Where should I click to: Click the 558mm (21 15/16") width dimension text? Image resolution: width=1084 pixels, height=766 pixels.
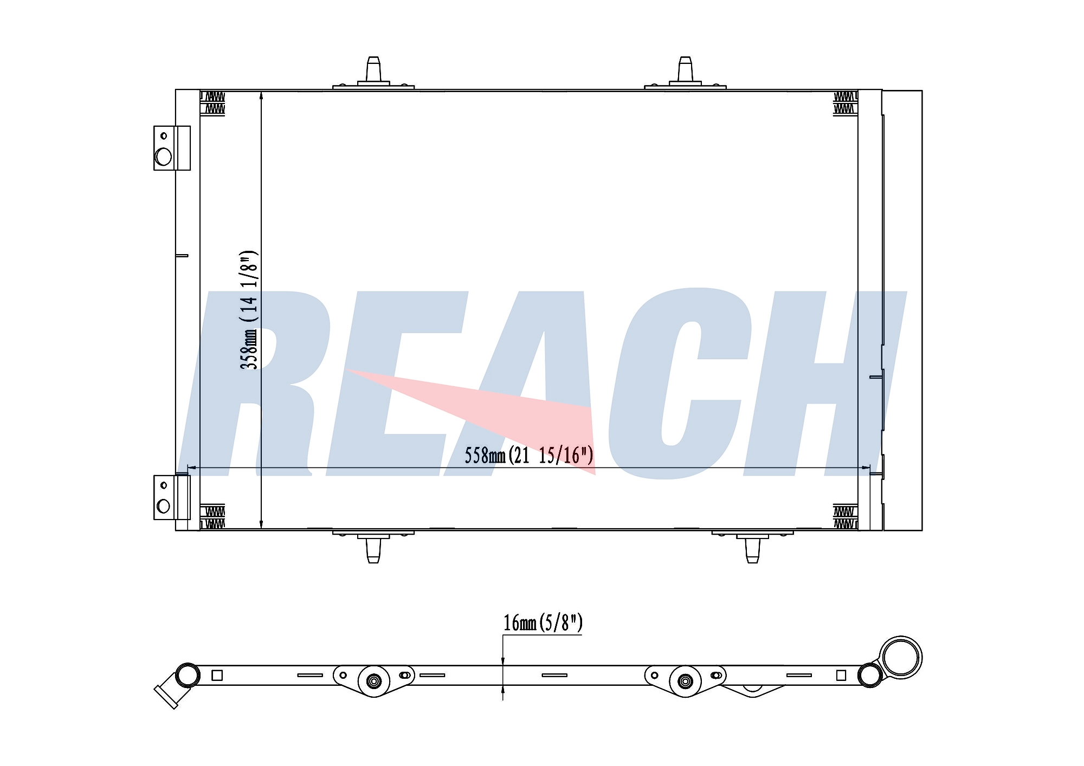pos(529,456)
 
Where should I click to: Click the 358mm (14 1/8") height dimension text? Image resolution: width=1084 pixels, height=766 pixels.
pos(249,310)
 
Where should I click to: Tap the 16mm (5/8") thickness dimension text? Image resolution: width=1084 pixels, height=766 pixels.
pos(543,623)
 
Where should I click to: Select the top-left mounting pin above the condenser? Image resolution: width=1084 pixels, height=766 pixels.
pos(373,71)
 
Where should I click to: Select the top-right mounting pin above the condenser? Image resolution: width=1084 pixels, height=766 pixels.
pos(685,71)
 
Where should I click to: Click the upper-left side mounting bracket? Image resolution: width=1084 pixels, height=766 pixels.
pos(172,148)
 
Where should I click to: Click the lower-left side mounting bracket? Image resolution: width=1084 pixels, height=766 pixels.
pos(172,497)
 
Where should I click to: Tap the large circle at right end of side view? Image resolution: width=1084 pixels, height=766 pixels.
pos(901,657)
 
